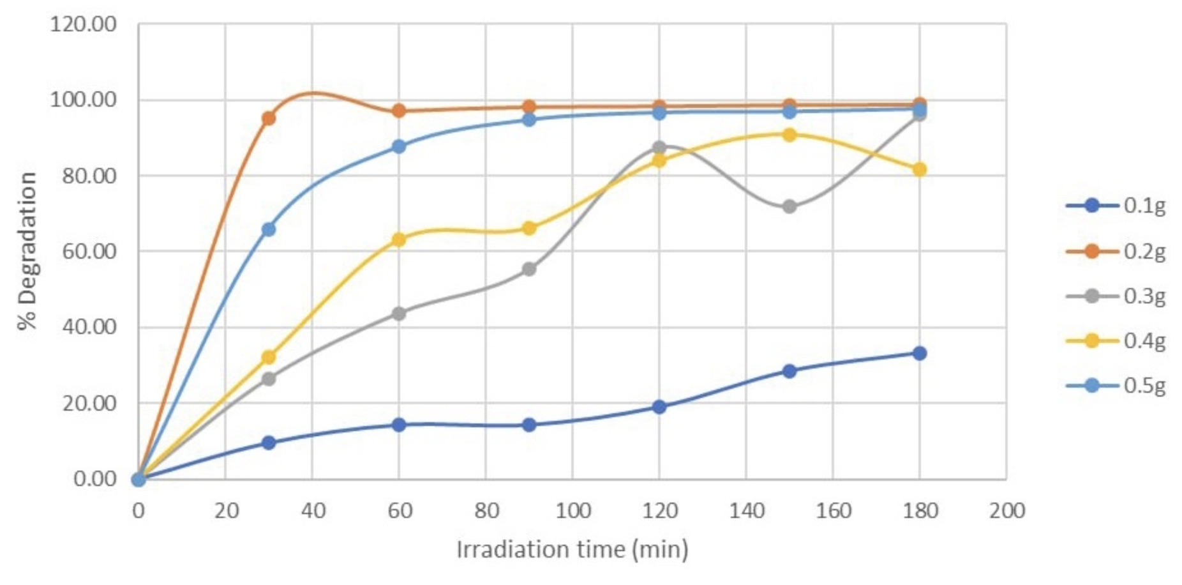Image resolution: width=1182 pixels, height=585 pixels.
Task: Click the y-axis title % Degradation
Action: (28, 250)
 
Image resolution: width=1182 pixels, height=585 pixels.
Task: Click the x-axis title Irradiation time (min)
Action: (572, 549)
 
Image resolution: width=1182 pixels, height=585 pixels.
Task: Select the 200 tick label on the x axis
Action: (1006, 511)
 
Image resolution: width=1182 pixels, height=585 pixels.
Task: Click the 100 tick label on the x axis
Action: (572, 511)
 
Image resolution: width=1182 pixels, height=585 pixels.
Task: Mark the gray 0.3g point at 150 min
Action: (789, 207)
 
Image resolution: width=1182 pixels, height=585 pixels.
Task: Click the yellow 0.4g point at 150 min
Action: (789, 135)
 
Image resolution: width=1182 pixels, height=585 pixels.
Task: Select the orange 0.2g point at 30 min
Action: (269, 118)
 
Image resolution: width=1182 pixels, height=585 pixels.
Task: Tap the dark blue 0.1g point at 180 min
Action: (919, 353)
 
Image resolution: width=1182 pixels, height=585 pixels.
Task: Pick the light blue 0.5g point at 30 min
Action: (269, 229)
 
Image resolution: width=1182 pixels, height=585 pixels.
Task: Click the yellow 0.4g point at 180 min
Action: (919, 169)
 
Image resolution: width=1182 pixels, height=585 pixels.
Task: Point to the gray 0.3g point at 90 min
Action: (529, 270)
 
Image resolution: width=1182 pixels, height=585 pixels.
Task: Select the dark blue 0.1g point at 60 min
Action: (399, 425)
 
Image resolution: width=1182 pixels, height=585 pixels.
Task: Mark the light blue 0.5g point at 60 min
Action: (399, 146)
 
